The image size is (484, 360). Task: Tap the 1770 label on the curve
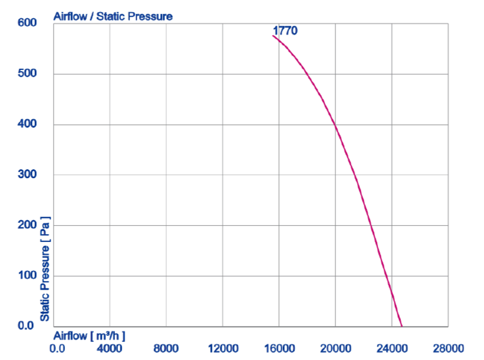pyautogui.click(x=285, y=31)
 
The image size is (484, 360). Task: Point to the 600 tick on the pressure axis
pyautogui.click(x=26, y=23)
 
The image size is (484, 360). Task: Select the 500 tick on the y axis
pyautogui.click(x=26, y=73)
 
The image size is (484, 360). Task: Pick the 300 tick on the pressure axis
pyautogui.click(x=26, y=175)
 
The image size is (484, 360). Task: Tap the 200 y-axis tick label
pyautogui.click(x=26, y=225)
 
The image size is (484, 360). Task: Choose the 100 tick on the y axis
pyautogui.click(x=26, y=276)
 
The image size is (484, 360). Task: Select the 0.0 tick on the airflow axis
pyautogui.click(x=58, y=348)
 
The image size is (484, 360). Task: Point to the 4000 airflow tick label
pyautogui.click(x=110, y=348)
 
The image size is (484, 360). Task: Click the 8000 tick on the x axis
pyautogui.click(x=166, y=348)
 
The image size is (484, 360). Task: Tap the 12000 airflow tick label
pyautogui.click(x=223, y=348)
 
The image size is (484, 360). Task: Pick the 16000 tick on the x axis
pyautogui.click(x=279, y=348)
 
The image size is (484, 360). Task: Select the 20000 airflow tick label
pyautogui.click(x=335, y=348)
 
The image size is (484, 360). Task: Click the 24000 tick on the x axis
pyautogui.click(x=392, y=348)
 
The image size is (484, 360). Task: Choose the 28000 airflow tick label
pyautogui.click(x=448, y=348)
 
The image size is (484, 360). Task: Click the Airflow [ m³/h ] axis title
pyautogui.click(x=90, y=335)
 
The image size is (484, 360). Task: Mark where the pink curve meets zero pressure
pyautogui.click(x=402, y=326)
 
